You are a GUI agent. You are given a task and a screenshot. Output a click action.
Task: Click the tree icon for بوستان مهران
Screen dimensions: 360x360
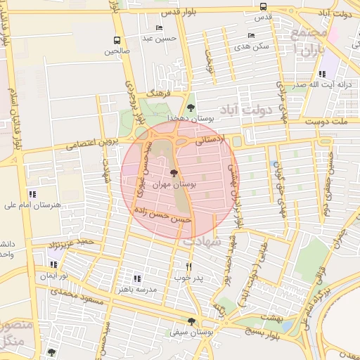click(174, 171)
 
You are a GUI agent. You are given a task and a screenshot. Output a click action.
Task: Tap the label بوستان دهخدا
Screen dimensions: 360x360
click(186, 119)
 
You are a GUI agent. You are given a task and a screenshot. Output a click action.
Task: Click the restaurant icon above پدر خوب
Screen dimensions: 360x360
click(188, 266)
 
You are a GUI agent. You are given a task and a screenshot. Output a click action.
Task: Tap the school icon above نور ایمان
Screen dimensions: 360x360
click(53, 265)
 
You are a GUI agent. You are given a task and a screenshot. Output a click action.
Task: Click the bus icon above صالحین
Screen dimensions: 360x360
click(117, 40)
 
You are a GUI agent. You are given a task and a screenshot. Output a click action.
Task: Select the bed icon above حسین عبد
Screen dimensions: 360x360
click(159, 28)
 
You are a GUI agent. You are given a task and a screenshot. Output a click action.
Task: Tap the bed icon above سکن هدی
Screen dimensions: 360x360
click(251, 35)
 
